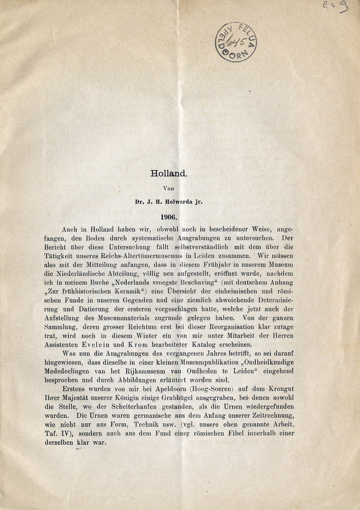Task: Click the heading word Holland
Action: point(169,172)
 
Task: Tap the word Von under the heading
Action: point(169,188)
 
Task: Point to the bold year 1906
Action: point(169,216)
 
